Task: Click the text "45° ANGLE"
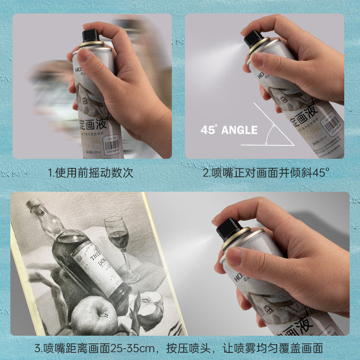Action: tap(229, 130)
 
